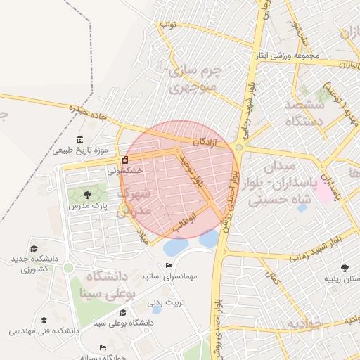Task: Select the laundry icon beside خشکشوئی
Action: pos(125,160)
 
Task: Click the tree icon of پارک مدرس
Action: pos(87,195)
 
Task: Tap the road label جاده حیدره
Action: pos(87,110)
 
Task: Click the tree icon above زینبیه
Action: pos(345,268)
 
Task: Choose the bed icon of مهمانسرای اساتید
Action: pos(169,265)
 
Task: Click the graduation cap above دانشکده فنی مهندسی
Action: pos(44,320)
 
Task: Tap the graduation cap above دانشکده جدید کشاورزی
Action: pos(34,249)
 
